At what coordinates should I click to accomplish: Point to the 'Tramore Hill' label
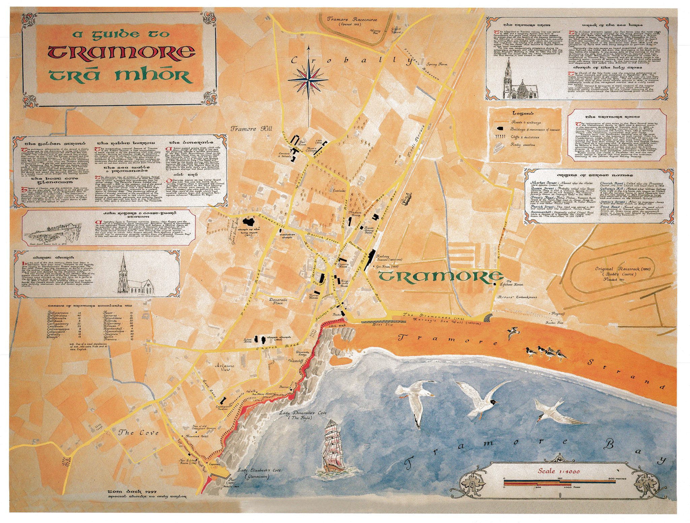[x=251, y=129]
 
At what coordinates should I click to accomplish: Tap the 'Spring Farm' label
[x=437, y=64]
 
